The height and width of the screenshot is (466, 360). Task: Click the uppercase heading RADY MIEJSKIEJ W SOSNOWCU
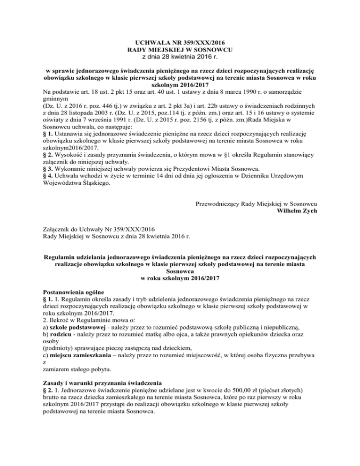(x=180, y=49)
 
